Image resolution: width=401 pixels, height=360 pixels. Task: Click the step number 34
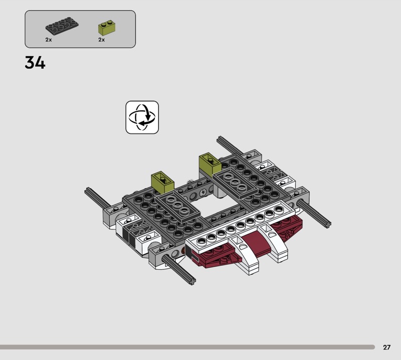click(x=35, y=63)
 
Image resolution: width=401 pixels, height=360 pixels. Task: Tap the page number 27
click(x=386, y=347)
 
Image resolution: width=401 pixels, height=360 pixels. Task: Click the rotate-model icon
click(x=142, y=117)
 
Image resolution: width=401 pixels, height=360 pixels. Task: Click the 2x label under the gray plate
click(x=49, y=39)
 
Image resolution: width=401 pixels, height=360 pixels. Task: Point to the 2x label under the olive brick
click(x=101, y=39)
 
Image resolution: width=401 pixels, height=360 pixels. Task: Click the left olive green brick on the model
click(x=162, y=181)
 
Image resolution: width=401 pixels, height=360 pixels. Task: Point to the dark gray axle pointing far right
click(x=315, y=212)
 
